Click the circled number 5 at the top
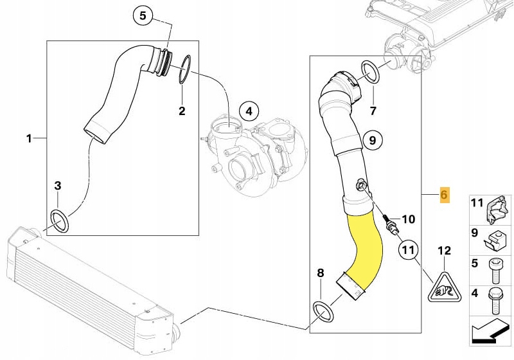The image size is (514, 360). point(143,14)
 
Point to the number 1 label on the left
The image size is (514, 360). point(28,138)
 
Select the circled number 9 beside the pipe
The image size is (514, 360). point(371,139)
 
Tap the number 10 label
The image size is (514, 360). point(409,219)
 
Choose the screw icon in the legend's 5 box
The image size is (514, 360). point(495,271)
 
